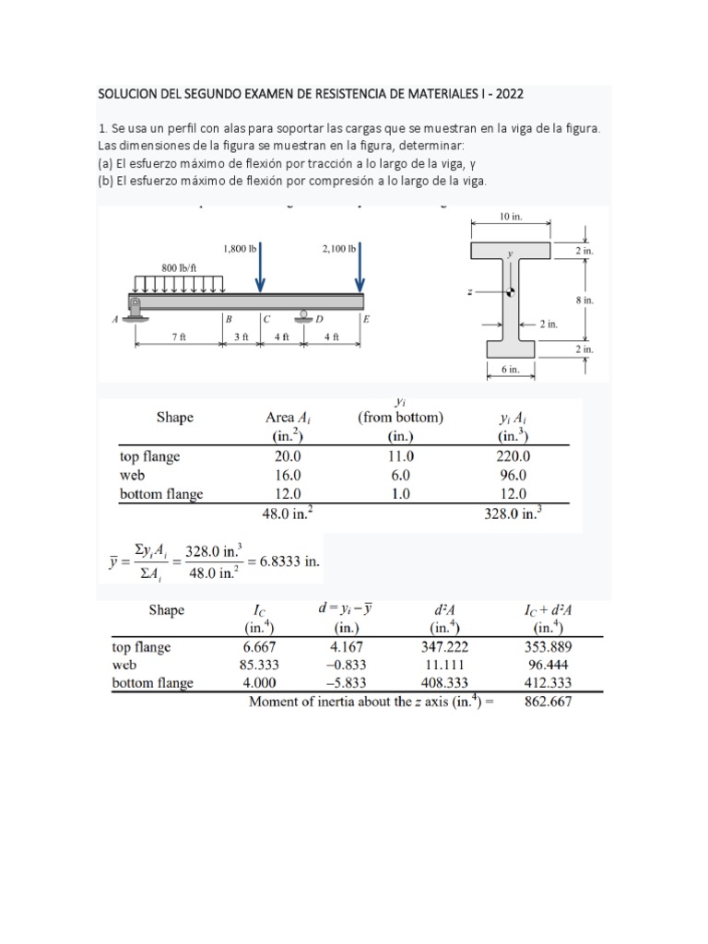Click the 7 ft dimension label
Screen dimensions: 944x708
click(x=179, y=337)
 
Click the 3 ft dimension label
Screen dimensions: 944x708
click(x=242, y=337)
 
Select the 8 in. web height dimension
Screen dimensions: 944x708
click(x=584, y=300)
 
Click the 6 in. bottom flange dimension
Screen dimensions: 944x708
click(x=511, y=371)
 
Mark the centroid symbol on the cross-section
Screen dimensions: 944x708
click(x=510, y=293)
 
